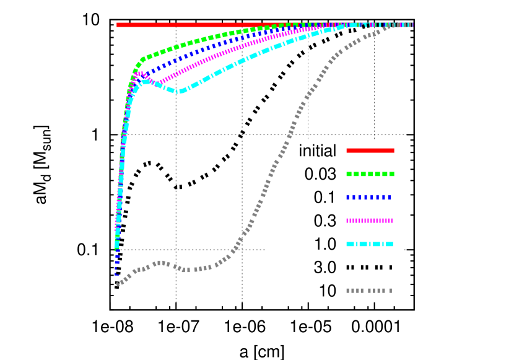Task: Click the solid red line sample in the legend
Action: pos(370,151)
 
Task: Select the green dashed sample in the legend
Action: pos(370,174)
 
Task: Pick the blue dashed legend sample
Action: pos(369,197)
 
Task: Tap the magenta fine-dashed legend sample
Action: pos(369,221)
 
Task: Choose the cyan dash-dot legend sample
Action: pos(370,244)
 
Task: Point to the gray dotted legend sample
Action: pos(369,291)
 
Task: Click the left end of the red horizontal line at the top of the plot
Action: pos(118,25)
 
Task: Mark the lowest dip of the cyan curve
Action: pos(180,92)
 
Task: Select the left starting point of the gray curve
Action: pos(118,284)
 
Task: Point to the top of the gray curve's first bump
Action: pos(160,263)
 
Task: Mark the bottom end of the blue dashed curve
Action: pos(116,273)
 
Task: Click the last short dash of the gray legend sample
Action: pos(390,291)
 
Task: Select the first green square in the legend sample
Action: pos(349,174)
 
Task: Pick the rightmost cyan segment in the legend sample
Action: pos(390,244)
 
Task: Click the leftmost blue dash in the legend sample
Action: pos(348,197)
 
